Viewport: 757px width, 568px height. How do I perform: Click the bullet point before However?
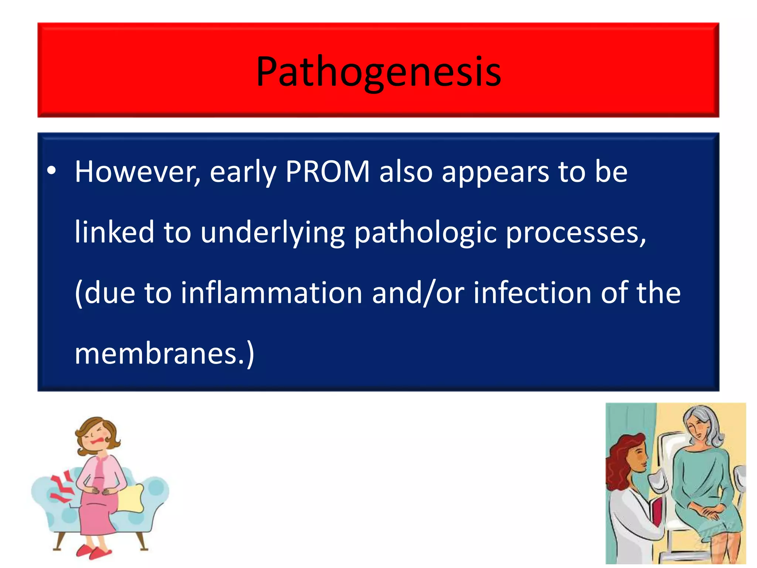(x=51, y=170)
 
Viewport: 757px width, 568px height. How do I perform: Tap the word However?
(x=138, y=172)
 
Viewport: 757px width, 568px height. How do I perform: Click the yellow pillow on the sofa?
(x=131, y=498)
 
